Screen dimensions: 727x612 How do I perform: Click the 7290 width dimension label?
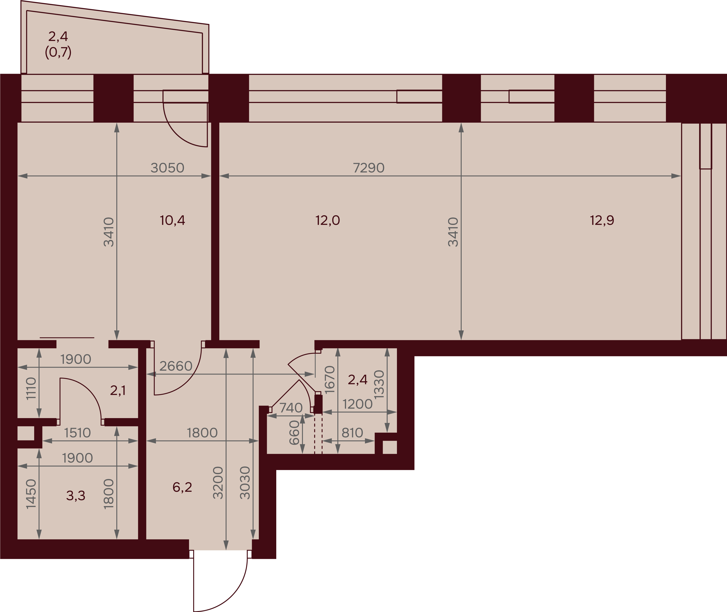pyautogui.click(x=369, y=168)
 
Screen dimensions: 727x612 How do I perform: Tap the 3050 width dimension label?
pyautogui.click(x=167, y=168)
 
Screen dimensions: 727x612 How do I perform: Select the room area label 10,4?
pyautogui.click(x=172, y=220)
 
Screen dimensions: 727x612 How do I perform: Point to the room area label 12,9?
pyautogui.click(x=602, y=220)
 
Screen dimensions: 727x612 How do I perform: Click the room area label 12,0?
pyautogui.click(x=327, y=220)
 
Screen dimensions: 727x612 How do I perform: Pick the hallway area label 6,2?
pyautogui.click(x=182, y=487)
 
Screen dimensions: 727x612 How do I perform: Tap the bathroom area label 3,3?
pyautogui.click(x=76, y=496)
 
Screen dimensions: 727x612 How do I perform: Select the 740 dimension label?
pyautogui.click(x=291, y=408)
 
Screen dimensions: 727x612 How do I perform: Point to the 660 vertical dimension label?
pyautogui.click(x=294, y=433)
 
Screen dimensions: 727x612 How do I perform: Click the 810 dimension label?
pyautogui.click(x=352, y=433)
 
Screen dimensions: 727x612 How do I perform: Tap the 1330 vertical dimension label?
pyautogui.click(x=379, y=384)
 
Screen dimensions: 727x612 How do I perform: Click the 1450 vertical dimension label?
pyautogui.click(x=31, y=494)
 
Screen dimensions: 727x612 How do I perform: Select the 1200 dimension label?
pyautogui.click(x=357, y=404)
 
